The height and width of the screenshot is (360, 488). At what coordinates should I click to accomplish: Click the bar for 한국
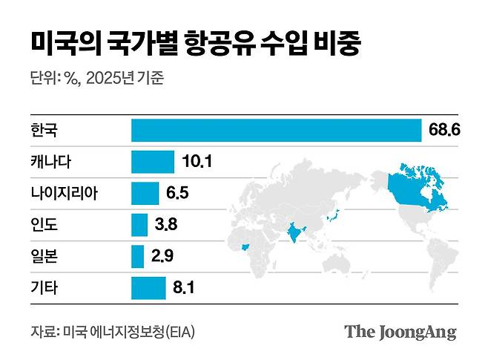pos(276,130)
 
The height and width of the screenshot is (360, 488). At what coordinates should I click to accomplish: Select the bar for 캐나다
pos(152,161)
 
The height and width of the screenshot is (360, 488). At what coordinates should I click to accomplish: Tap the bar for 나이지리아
pos(145,193)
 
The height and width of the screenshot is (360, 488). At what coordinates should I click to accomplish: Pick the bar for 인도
pos(139,224)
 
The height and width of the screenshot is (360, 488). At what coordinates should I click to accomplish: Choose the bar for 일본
pos(137,256)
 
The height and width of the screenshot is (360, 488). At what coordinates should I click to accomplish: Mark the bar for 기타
pos(148,287)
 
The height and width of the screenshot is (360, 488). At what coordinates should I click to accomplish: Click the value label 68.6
pos(445,130)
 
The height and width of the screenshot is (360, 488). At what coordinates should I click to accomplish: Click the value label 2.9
pos(162,256)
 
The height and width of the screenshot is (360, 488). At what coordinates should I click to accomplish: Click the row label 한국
pos(44,130)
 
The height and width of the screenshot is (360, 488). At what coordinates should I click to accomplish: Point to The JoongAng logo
pos(400,331)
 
